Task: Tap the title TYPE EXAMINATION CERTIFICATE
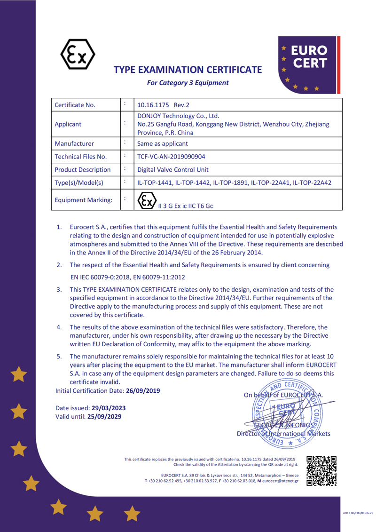pos(188,70)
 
